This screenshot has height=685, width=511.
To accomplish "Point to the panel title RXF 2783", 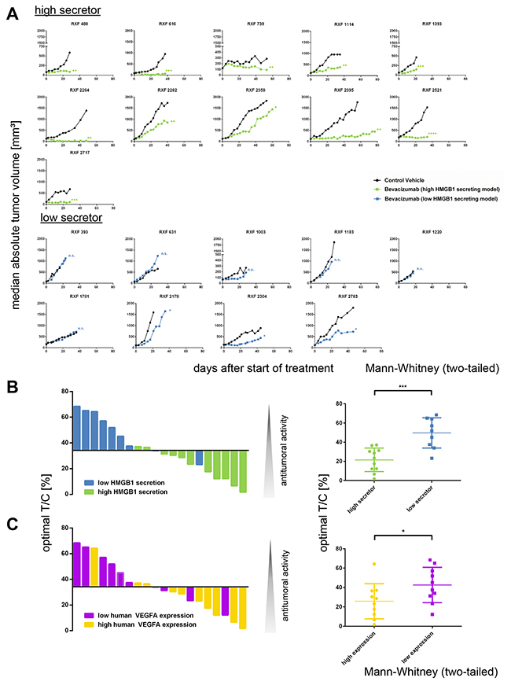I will coord(340,297).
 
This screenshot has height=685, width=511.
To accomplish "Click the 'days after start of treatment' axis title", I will coord(256,367).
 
